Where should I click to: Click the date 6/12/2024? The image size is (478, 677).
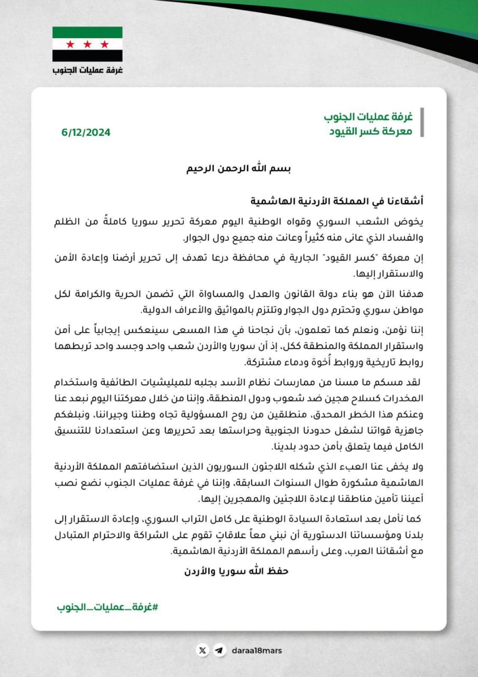[85, 133]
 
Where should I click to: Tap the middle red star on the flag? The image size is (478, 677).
[87, 43]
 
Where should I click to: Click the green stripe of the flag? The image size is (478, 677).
[87, 32]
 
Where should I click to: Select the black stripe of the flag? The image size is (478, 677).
[87, 55]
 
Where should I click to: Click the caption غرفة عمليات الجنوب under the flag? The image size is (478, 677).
[87, 70]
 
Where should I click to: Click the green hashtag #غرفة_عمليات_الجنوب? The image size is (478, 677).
[107, 607]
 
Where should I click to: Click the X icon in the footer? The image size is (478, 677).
[201, 651]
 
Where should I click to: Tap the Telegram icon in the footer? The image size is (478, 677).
[218, 651]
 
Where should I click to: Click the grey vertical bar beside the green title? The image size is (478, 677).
[421, 123]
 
